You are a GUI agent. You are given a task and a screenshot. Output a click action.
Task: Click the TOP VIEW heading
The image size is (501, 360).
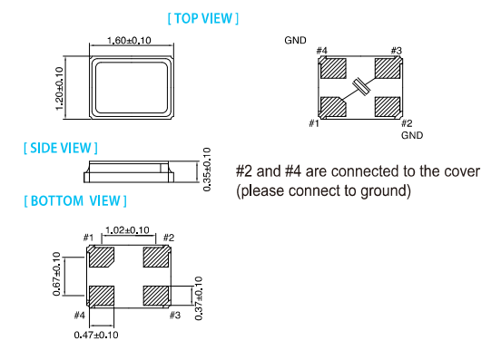[203, 18]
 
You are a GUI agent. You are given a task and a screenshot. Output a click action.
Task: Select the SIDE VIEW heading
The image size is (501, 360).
[61, 148]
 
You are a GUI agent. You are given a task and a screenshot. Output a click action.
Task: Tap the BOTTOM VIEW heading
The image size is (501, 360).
[75, 201]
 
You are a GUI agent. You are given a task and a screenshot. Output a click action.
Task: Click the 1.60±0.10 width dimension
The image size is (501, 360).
[129, 41]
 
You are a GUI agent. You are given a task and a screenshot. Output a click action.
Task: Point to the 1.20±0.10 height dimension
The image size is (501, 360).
[59, 88]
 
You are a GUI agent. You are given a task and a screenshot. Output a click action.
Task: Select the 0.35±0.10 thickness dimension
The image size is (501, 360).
[207, 170]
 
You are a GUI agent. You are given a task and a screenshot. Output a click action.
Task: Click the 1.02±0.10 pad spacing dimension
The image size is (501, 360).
[127, 230]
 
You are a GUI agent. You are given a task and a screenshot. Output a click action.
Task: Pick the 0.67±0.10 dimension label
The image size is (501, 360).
[56, 274]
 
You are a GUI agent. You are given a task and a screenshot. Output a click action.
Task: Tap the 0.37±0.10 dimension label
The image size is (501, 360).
[199, 298]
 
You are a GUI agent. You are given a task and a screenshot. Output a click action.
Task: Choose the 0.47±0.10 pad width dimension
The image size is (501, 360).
[96, 335]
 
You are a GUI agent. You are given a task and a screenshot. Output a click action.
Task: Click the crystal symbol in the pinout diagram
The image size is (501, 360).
[361, 86]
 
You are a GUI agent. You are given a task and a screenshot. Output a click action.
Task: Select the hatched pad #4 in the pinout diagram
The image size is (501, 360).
[333, 68]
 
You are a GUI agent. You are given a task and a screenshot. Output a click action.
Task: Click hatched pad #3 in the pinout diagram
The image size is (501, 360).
[388, 68]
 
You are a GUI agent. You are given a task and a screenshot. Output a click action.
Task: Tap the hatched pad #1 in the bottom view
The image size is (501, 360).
[102, 257]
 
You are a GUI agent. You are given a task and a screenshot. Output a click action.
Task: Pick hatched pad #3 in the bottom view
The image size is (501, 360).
[156, 296]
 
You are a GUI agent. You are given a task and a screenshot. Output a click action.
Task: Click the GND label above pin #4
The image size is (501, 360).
[295, 40]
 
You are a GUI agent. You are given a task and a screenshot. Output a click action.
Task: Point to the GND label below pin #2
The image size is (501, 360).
[412, 135]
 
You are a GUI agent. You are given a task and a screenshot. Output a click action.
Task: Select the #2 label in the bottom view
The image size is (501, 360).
[169, 238]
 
